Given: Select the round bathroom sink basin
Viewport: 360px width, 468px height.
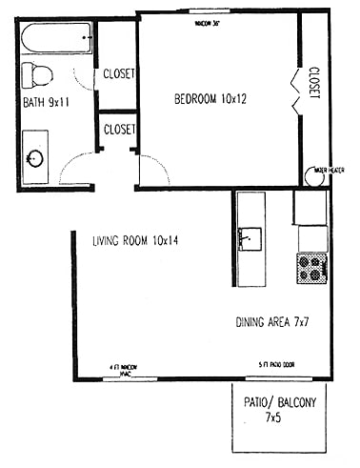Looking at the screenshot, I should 36,157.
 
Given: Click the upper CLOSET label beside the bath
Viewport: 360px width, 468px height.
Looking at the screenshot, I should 119,73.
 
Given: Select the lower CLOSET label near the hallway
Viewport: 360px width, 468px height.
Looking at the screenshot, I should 119,129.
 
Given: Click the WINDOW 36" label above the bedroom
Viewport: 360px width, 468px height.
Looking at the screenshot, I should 207,21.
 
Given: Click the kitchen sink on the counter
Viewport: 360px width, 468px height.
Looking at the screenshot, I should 250,235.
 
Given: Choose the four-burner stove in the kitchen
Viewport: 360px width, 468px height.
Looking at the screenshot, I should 311,268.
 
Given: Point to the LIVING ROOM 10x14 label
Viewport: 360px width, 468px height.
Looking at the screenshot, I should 136,240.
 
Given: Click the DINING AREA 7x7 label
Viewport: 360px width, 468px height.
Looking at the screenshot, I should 272,322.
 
